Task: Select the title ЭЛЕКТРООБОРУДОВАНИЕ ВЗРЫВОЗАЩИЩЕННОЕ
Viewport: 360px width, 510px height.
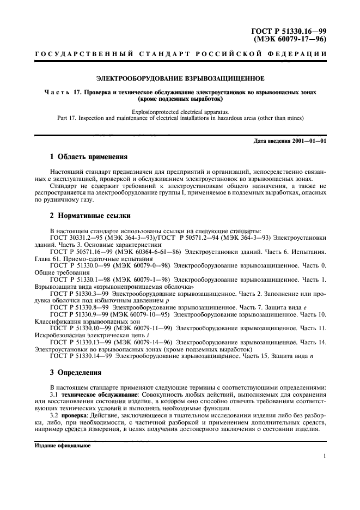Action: click(x=180, y=77)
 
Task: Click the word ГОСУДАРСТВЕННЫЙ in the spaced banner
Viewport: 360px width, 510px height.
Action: click(x=73, y=54)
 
